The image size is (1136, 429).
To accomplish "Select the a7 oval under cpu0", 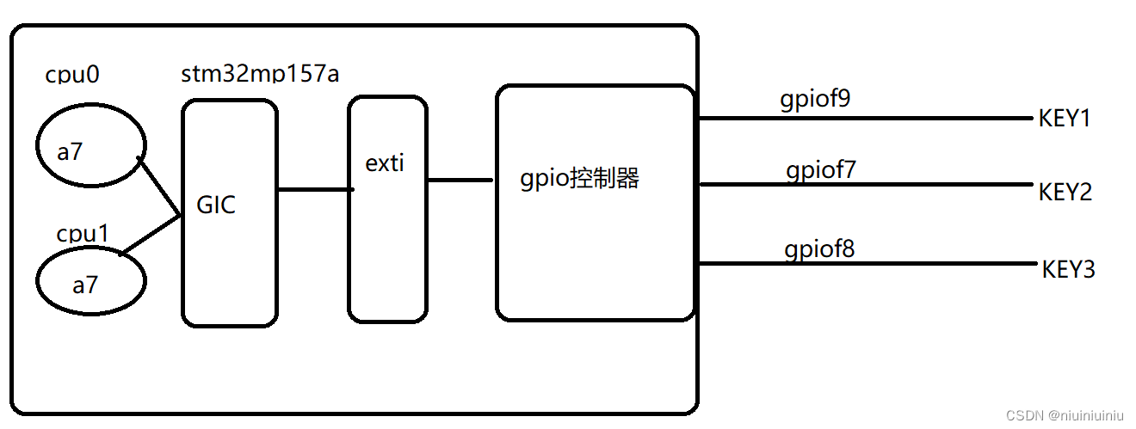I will pos(90,151).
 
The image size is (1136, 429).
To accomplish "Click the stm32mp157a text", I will pos(260,74).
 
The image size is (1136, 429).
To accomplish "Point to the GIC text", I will pos(216,205).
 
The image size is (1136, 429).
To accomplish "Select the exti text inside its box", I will pos(385,163).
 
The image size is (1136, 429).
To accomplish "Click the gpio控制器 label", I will pos(579,179).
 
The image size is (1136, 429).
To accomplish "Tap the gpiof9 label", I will pos(815,100).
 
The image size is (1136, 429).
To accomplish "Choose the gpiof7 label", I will pos(820,170).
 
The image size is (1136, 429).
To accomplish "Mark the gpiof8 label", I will pos(819,249).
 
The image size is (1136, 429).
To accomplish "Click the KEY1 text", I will pos(1065,119).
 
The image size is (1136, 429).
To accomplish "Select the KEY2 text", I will pos(1065,192).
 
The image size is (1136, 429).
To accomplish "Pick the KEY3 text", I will pos(1068,269).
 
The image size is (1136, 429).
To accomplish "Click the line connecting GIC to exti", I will pos(314,188).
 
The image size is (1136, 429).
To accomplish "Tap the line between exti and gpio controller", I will pos(460,180).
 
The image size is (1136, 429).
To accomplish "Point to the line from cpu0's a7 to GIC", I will pos(159,187).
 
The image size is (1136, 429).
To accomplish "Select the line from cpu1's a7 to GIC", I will pos(151,234).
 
